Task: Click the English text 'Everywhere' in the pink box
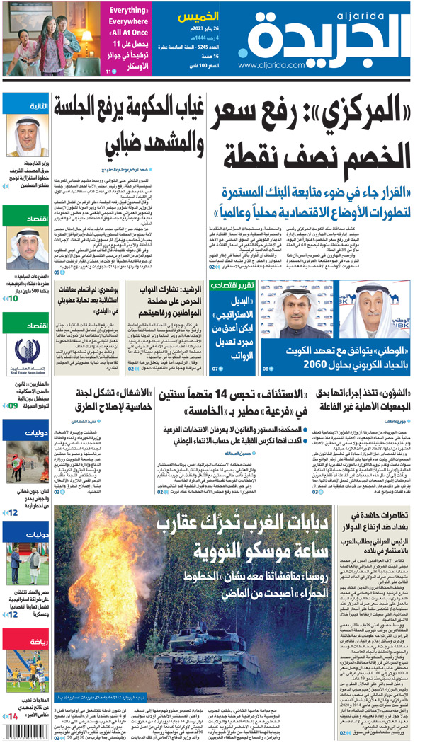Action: pos(128,22)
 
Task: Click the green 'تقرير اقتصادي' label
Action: pos(232,286)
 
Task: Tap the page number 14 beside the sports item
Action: pos(13,717)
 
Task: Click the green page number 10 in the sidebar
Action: pos(13,299)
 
